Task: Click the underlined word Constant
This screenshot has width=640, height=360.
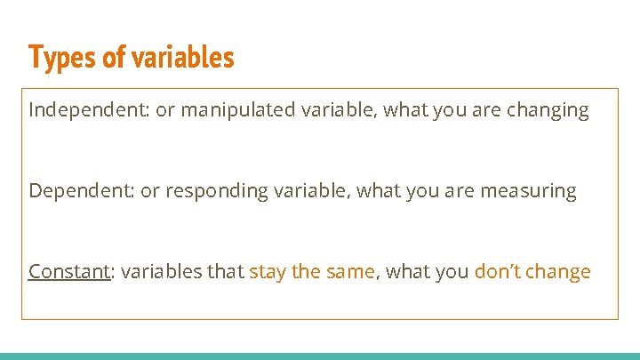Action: tap(67, 272)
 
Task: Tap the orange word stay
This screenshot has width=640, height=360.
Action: tap(268, 272)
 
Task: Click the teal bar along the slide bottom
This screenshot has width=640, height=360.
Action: tap(320, 356)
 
